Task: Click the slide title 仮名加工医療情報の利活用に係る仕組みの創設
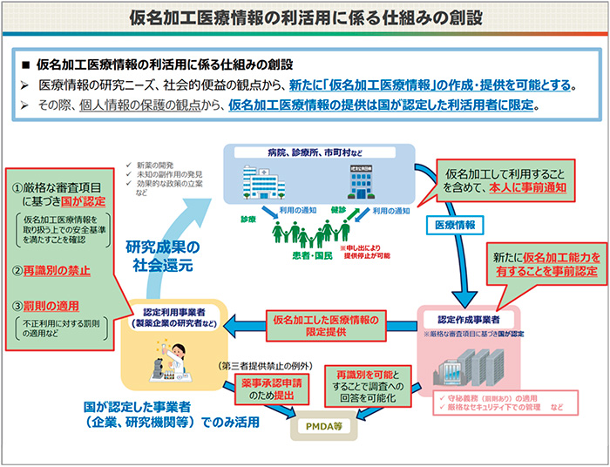tap(305, 17)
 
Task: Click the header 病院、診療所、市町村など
tap(315, 152)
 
